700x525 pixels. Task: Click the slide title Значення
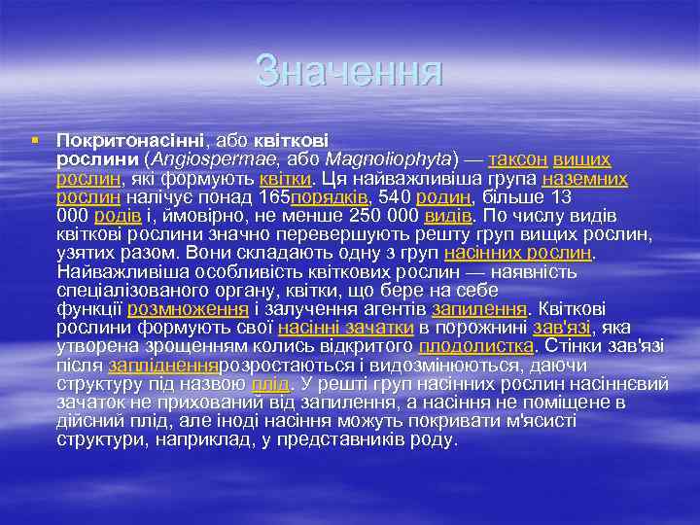(x=349, y=71)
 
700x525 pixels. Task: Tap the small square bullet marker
(x=35, y=141)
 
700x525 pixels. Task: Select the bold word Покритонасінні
(x=135, y=142)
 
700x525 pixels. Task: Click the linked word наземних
(x=585, y=179)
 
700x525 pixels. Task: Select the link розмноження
(x=187, y=309)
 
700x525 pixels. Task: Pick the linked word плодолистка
(x=475, y=346)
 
